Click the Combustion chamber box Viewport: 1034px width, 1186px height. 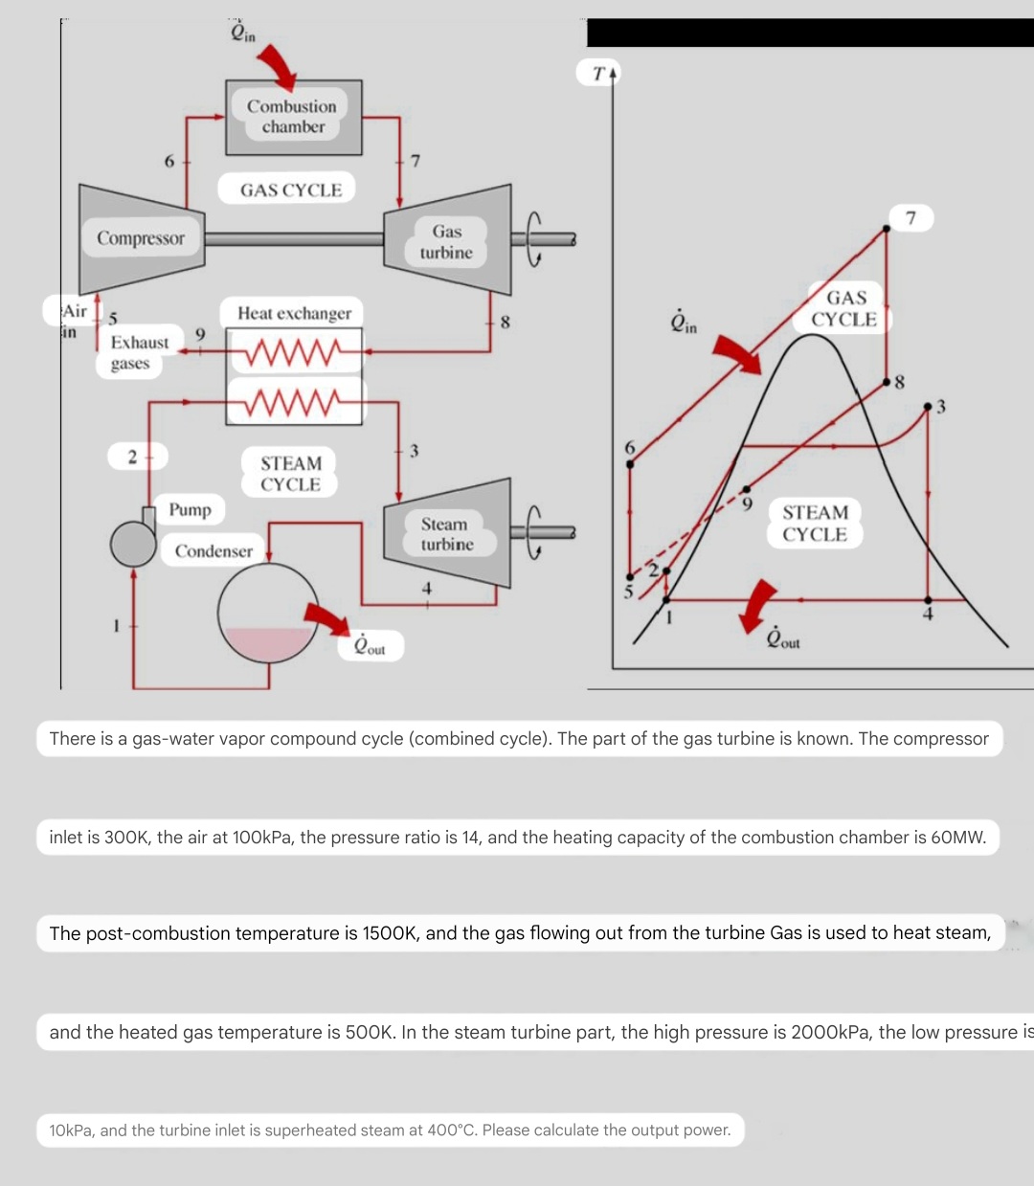(x=293, y=117)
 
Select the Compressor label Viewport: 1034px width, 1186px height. (x=140, y=238)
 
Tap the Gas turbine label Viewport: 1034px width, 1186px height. (x=446, y=242)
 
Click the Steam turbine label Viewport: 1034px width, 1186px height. (x=446, y=534)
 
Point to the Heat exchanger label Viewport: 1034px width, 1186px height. (x=294, y=313)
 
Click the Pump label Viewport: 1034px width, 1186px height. (x=190, y=509)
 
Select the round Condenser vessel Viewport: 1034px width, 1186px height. (x=269, y=614)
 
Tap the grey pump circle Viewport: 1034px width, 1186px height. (x=132, y=544)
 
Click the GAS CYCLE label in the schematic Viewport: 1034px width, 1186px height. (x=291, y=190)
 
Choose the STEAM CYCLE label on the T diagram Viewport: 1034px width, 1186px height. (x=815, y=524)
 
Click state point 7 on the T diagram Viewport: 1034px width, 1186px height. (x=887, y=227)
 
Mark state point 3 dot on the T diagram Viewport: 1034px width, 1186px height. (x=927, y=407)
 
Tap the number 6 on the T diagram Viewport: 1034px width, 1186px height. (x=629, y=447)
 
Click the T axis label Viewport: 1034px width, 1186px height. (x=598, y=73)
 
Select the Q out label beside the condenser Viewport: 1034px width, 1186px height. (x=370, y=646)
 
